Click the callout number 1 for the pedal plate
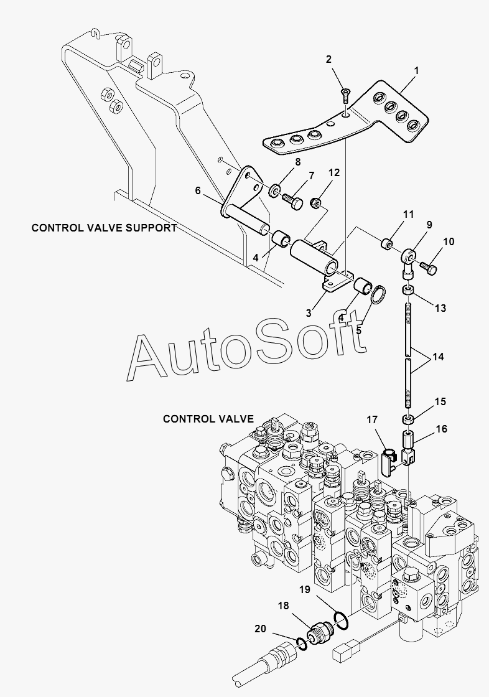[417, 71]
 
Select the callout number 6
[198, 190]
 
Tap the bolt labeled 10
[429, 268]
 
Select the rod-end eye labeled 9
[408, 261]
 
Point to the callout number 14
[438, 357]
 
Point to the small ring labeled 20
[301, 642]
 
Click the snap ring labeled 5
[378, 296]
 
